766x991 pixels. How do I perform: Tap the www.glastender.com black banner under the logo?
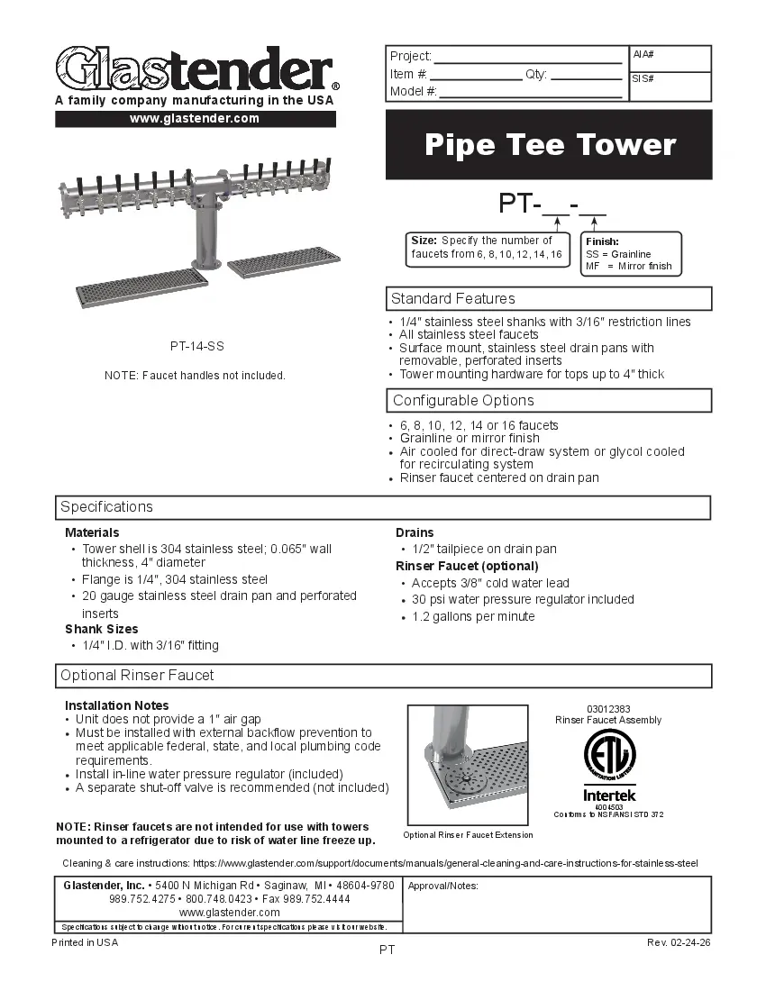pyautogui.click(x=195, y=119)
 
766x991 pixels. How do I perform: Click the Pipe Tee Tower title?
pyautogui.click(x=549, y=144)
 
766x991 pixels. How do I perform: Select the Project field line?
pyautogui.click(x=528, y=57)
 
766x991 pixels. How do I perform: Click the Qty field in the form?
pyautogui.click(x=585, y=75)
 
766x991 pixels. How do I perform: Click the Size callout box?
pyautogui.click(x=487, y=248)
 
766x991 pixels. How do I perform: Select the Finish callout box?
pyautogui.click(x=630, y=254)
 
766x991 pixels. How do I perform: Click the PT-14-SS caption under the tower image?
pyautogui.click(x=196, y=346)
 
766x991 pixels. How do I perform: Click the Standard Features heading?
pyautogui.click(x=453, y=298)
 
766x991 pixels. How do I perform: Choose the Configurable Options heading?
pyautogui.click(x=463, y=400)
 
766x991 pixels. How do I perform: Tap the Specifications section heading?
pyautogui.click(x=107, y=506)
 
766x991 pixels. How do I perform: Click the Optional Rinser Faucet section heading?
pyautogui.click(x=137, y=675)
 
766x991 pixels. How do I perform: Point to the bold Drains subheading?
pyautogui.click(x=415, y=532)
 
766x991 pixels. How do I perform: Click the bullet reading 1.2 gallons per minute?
pyautogui.click(x=473, y=616)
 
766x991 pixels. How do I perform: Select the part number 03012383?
pyautogui.click(x=608, y=709)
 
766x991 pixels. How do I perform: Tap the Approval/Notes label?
pyautogui.click(x=442, y=886)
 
